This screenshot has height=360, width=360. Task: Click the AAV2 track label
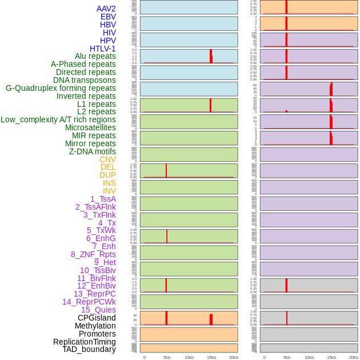point(106,9)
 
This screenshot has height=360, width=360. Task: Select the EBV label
point(108,17)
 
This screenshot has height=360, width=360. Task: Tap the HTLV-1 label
point(102,49)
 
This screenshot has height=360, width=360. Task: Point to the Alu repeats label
point(95,56)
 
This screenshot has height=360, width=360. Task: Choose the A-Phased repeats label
point(83,64)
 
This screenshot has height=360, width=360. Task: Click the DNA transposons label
point(85,80)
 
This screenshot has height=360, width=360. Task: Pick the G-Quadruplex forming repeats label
point(61,88)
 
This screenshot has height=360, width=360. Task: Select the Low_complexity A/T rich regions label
point(58,119)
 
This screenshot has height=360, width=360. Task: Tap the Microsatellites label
point(90,127)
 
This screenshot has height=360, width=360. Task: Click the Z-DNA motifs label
point(92,151)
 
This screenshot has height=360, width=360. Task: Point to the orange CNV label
point(107,159)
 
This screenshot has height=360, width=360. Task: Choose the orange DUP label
point(107,175)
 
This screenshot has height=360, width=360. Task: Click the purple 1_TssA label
point(103,199)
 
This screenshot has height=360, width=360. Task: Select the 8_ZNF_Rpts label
point(93,254)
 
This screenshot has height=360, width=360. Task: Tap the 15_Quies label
point(98,310)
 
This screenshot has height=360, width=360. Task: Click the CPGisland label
point(97,318)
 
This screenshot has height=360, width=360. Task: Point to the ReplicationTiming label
point(85,342)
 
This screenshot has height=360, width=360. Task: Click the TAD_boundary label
point(89,349)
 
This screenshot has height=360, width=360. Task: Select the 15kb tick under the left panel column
point(211,357)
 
